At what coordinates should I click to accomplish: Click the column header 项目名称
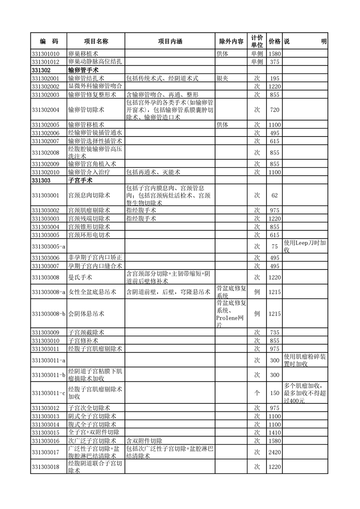[x=96, y=41]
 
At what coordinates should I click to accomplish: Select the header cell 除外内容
[x=231, y=41]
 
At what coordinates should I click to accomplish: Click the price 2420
[x=274, y=452]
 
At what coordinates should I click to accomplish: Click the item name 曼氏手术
[x=80, y=277]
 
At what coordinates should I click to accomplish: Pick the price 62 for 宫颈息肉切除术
[x=274, y=196]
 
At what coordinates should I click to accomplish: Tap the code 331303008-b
[x=49, y=314]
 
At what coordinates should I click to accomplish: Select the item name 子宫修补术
[x=83, y=340]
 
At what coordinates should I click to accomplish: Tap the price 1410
[x=274, y=432]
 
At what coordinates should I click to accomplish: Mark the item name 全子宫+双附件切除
[x=94, y=432]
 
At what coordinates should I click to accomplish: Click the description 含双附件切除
[x=144, y=440]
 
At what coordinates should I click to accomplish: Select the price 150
[x=274, y=393]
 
